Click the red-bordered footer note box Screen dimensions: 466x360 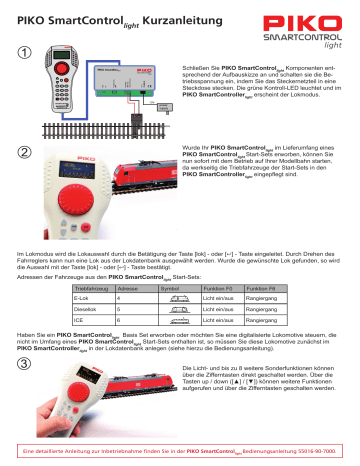click(x=179, y=453)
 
